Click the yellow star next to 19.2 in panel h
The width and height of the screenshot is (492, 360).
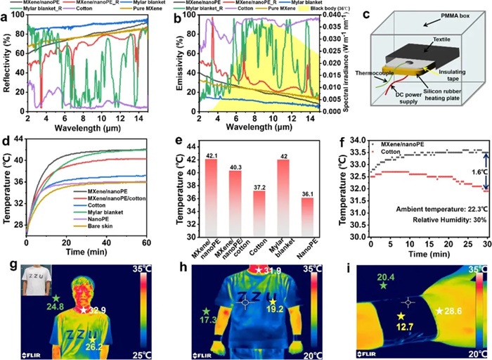(x=272, y=302)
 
